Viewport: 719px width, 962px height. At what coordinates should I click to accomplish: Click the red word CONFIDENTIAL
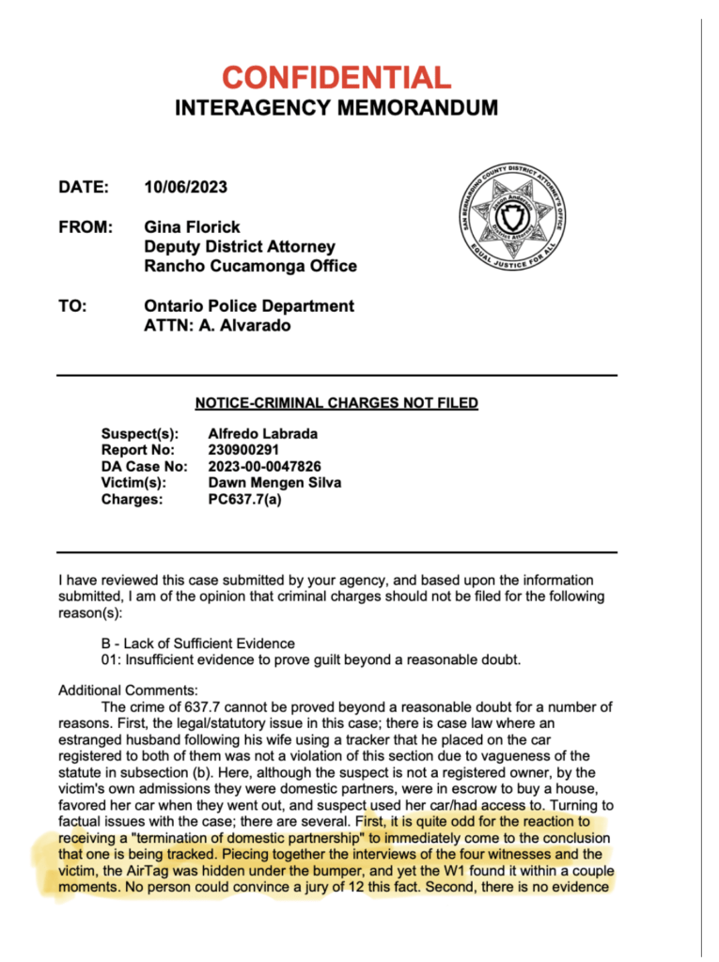coord(336,77)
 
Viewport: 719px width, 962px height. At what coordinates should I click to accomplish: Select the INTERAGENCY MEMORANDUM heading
coord(336,108)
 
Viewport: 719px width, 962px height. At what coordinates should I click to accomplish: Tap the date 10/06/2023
coord(185,187)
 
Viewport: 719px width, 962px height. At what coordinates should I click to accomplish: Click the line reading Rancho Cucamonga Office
coord(250,266)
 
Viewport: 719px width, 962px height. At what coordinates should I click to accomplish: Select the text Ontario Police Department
coord(249,306)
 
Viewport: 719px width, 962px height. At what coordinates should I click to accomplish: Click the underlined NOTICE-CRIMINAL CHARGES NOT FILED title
coord(336,403)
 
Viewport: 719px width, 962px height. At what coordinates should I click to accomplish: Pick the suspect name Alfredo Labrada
coord(262,433)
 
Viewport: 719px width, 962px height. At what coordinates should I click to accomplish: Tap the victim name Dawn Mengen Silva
coord(274,483)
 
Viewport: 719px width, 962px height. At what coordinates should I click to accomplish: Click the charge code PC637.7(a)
coord(244,500)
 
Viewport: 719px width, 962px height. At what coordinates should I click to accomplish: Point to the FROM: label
coord(86,227)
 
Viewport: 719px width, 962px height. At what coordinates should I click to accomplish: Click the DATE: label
coord(84,187)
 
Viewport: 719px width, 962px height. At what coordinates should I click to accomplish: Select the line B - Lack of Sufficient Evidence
coord(197,644)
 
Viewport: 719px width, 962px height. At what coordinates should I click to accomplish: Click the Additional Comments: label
coord(129,690)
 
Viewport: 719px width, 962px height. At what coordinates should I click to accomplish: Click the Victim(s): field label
coord(133,483)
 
